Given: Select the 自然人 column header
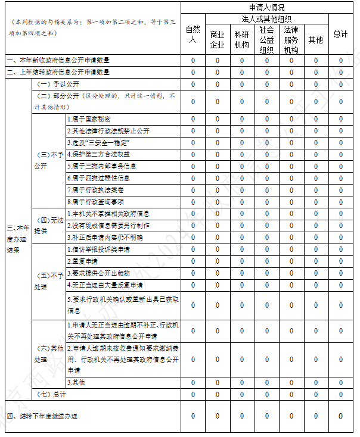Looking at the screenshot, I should (x=193, y=34).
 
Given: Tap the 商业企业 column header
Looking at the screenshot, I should (x=217, y=39).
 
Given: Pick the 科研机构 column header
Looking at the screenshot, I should (x=242, y=39).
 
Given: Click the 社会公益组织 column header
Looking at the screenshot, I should (x=266, y=39).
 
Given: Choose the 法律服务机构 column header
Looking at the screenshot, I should (x=291, y=39).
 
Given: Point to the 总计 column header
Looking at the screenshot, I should (x=340, y=34).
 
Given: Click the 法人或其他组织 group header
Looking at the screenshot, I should (x=266, y=19).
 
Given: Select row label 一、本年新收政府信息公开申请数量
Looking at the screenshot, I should (x=58, y=61).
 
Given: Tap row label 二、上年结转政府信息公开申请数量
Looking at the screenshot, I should (x=58, y=72).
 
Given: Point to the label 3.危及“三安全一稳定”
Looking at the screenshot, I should (x=98, y=142).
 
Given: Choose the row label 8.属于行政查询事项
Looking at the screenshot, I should (x=95, y=202).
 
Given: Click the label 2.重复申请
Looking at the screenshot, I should (x=83, y=261).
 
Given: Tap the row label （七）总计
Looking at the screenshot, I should (x=52, y=394).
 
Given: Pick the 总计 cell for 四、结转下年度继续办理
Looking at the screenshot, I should (x=340, y=416).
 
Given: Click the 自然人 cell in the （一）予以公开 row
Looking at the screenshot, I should (x=193, y=84).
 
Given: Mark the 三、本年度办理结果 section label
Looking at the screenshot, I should (x=17, y=238).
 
